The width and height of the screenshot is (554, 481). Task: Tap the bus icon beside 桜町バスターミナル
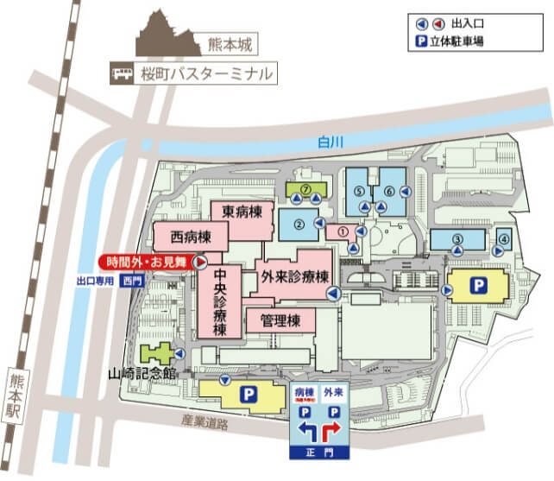(120, 75)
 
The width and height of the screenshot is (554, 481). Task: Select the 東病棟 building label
(242, 211)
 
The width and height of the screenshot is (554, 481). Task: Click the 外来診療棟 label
(295, 276)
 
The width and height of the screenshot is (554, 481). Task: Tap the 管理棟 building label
(280, 321)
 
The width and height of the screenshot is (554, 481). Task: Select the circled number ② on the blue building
(299, 225)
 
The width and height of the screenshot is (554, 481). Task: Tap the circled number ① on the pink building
(342, 231)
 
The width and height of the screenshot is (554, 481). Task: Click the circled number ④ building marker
(504, 237)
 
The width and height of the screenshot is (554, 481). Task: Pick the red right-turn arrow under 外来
(334, 428)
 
